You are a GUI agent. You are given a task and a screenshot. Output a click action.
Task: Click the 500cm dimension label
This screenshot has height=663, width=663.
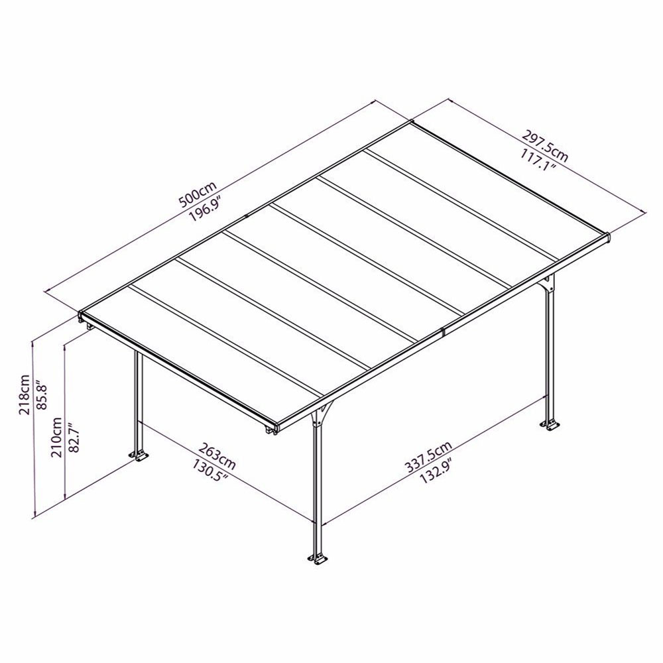tap(198, 194)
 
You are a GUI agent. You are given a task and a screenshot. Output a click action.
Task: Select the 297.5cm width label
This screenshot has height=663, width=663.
tap(546, 146)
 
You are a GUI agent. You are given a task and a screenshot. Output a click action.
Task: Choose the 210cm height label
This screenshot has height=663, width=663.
tap(56, 437)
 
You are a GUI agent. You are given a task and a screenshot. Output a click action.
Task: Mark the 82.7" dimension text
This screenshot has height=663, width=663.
tap(74, 437)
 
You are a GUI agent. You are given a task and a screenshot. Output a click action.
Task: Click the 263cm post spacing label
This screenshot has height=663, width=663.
tap(217, 455)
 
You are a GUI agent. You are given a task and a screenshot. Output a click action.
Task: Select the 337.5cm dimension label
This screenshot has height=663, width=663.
tap(429, 456)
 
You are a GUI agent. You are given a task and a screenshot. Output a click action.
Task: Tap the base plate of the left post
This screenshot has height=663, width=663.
tap(139, 456)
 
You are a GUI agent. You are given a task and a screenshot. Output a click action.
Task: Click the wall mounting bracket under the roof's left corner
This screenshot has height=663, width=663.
tap(90, 327)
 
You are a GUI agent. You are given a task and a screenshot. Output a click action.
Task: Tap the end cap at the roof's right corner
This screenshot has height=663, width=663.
tap(607, 237)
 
